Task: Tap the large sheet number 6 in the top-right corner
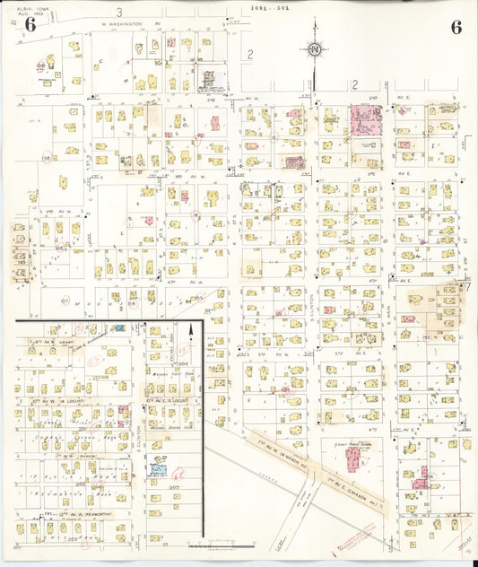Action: (456, 26)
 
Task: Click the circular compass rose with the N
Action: (315, 49)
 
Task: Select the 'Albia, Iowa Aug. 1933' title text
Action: (30, 9)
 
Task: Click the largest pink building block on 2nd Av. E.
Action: (365, 119)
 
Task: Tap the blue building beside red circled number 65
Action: (159, 467)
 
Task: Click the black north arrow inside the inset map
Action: (189, 335)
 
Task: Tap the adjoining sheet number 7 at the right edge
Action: (465, 286)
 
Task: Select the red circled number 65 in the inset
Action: (178, 473)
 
